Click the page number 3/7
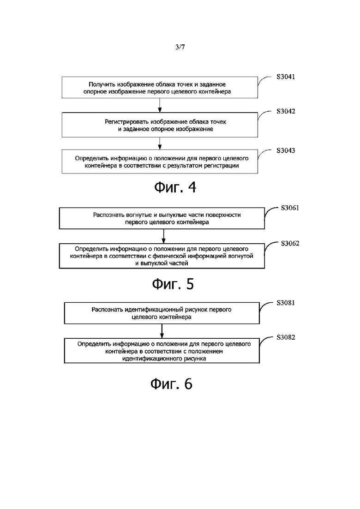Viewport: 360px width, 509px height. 180,47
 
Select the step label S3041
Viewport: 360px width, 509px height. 286,77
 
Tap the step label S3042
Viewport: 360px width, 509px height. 286,111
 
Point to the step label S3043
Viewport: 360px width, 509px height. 286,150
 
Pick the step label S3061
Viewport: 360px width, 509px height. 290,208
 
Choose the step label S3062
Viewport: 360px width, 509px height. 290,244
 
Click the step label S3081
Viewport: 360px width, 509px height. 286,303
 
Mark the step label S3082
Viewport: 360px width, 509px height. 286,337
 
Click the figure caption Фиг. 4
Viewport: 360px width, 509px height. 175,187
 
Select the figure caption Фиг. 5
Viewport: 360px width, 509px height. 173,284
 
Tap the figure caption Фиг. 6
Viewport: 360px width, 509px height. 171,384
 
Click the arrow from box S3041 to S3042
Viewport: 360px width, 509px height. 160,106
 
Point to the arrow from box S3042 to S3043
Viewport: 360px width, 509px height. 160,144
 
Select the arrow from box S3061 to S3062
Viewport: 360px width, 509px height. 163,236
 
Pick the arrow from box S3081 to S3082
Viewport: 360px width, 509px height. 162,331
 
